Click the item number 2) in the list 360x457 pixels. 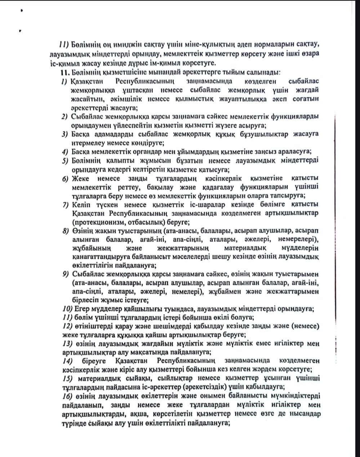[x=65, y=116]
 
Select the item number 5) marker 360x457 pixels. [x=65, y=160]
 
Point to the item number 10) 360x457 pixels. [x=67, y=309]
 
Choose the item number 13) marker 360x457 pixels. [x=67, y=343]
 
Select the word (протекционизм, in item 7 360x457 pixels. [x=95, y=222]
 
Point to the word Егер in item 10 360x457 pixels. [x=82, y=309]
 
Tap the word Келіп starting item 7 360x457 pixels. [x=81, y=204]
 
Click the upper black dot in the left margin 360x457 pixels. [x=22, y=11]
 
